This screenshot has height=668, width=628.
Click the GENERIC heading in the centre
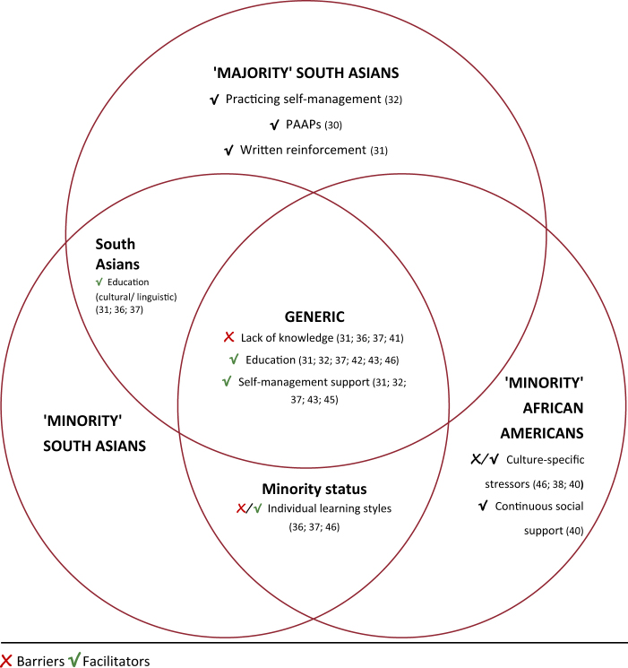(314, 317)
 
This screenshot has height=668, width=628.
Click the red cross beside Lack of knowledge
(230, 337)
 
